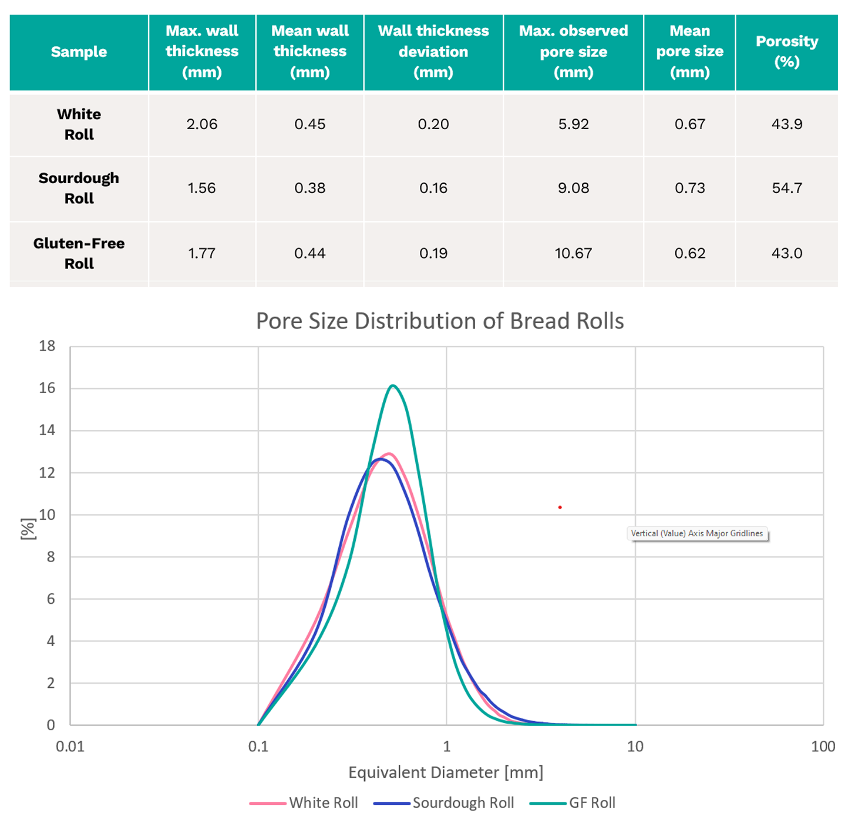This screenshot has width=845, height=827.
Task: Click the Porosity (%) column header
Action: point(786,52)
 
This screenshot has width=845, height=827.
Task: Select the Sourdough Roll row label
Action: point(79,188)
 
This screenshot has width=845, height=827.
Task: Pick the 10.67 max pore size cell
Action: point(573,253)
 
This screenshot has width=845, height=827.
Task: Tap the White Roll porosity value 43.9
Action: point(786,124)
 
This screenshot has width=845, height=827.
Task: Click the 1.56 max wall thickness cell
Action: point(201,188)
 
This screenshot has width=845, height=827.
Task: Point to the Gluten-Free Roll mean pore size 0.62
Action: point(689,253)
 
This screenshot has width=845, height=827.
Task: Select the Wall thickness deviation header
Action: point(433,52)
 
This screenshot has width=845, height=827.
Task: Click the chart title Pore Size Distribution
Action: point(440,321)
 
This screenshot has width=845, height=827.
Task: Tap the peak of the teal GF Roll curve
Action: point(393,386)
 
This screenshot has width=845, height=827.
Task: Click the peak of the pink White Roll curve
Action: point(389,453)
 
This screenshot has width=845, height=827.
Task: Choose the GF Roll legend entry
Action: point(573,803)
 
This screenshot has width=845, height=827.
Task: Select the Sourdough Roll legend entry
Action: point(444,803)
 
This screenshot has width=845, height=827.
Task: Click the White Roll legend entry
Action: point(304,803)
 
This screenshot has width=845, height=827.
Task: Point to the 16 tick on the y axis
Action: point(47,388)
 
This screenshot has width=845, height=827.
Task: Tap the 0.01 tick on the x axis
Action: point(70,747)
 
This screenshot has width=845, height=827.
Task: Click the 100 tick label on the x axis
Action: point(823,747)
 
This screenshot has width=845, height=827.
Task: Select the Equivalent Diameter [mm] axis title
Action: point(446,772)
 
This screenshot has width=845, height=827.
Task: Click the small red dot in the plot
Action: point(560,507)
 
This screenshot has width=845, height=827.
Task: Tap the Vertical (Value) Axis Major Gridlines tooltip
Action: point(697,533)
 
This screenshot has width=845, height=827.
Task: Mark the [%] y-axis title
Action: point(27,529)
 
